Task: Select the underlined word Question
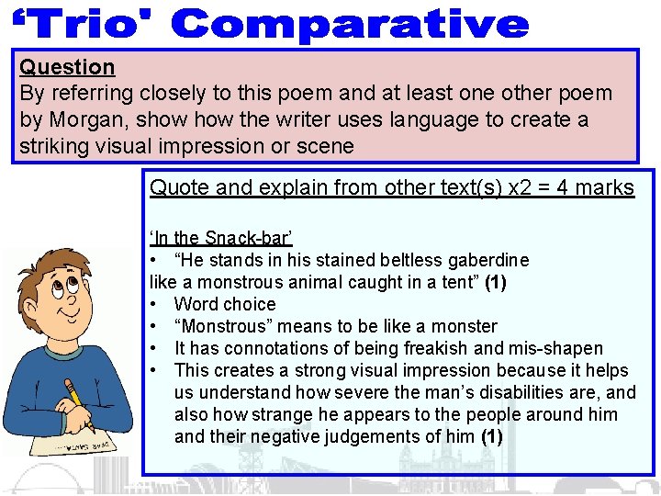67,67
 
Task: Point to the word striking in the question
55,146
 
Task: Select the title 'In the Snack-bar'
220,238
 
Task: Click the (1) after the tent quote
495,282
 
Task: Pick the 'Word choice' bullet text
225,304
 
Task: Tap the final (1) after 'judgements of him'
491,436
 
